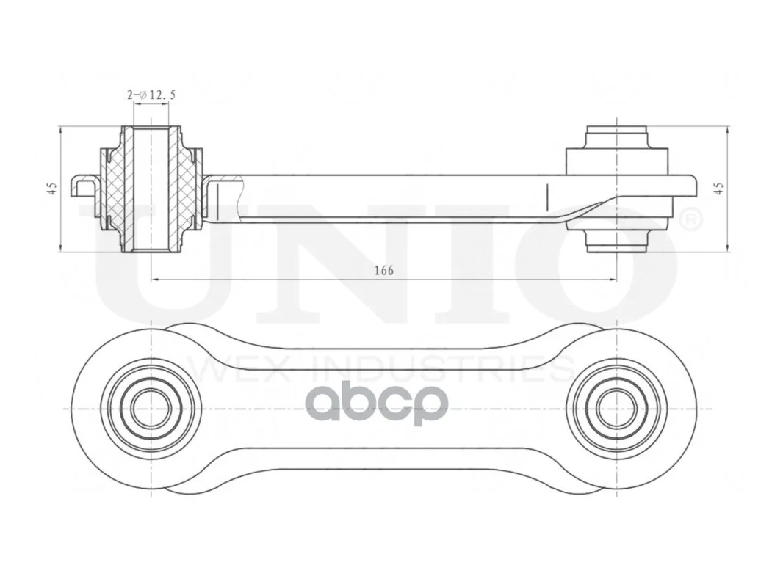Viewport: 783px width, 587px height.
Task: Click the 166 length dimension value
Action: tap(383, 270)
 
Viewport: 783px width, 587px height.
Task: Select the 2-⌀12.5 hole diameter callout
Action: tap(151, 95)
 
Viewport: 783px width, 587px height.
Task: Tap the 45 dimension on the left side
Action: tap(52, 189)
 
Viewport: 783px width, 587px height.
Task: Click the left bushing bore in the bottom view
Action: tap(151, 409)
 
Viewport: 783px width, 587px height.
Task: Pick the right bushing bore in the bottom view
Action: tap(617, 409)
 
